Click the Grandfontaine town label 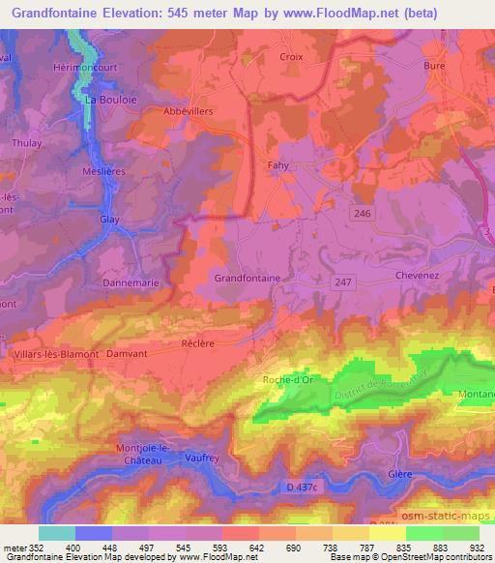click(x=247, y=278)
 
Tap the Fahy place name click(x=278, y=165)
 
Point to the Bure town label click(x=434, y=66)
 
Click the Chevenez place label click(x=418, y=276)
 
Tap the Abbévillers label click(x=187, y=109)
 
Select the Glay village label click(x=109, y=220)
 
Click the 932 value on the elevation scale click(x=478, y=547)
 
